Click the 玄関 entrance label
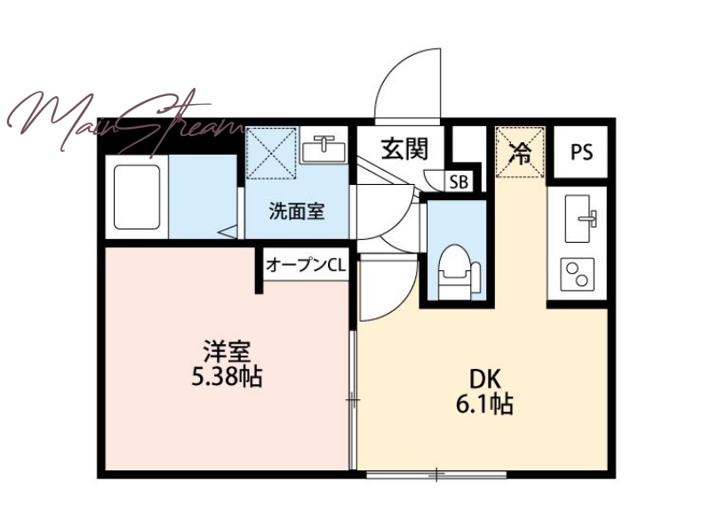coord(404,148)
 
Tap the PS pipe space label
coord(581,152)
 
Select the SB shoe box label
coord(459,182)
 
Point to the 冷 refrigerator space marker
coord(520,153)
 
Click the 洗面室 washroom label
coord(297,211)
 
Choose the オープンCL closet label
coord(306,264)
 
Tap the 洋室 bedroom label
coord(227,351)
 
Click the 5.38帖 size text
coord(227,376)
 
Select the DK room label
coord(484,379)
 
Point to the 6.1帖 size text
coord(484,404)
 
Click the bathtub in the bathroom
coord(137,196)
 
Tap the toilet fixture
coord(458,271)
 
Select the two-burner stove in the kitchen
coord(577,275)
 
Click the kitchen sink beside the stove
coord(580,219)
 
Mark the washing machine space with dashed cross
coord(271,153)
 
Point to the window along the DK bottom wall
coord(435,475)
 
